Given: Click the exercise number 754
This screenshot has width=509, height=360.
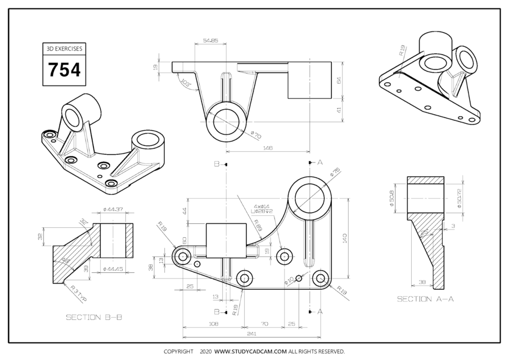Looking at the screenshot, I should point(64,70).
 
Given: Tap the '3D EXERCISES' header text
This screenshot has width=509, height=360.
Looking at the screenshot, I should point(64,49).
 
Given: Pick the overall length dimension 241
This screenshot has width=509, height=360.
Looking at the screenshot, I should point(251,333).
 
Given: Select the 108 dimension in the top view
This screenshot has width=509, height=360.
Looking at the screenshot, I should point(213,324).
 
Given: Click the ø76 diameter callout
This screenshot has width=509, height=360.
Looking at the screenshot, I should point(336,172).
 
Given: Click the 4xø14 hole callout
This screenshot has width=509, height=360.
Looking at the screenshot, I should point(262,206).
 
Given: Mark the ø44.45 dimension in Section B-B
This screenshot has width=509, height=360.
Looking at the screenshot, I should point(113,269).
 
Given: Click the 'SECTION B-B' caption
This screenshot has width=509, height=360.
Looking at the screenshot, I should point(94,317).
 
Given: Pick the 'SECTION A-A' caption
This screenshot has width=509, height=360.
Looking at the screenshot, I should point(425,299).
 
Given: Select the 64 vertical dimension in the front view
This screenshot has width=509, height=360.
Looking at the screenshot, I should point(339,80).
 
